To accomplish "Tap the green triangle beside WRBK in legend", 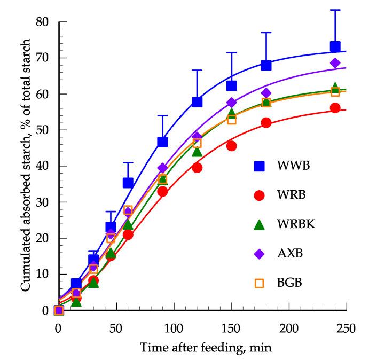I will click(x=259, y=225).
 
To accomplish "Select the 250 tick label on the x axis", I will click(x=347, y=327).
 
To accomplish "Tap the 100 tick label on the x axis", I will click(x=174, y=327).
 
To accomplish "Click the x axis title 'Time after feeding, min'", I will click(x=206, y=348).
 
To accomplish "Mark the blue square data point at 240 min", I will click(x=335, y=46).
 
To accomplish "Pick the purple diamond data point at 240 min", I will click(x=335, y=63).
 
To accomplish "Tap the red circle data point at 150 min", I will click(x=232, y=146).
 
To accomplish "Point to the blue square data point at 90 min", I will click(x=162, y=142).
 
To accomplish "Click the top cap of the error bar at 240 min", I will click(x=335, y=10).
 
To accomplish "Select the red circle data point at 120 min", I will click(x=197, y=168).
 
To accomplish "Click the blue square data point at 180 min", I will click(x=266, y=65).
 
